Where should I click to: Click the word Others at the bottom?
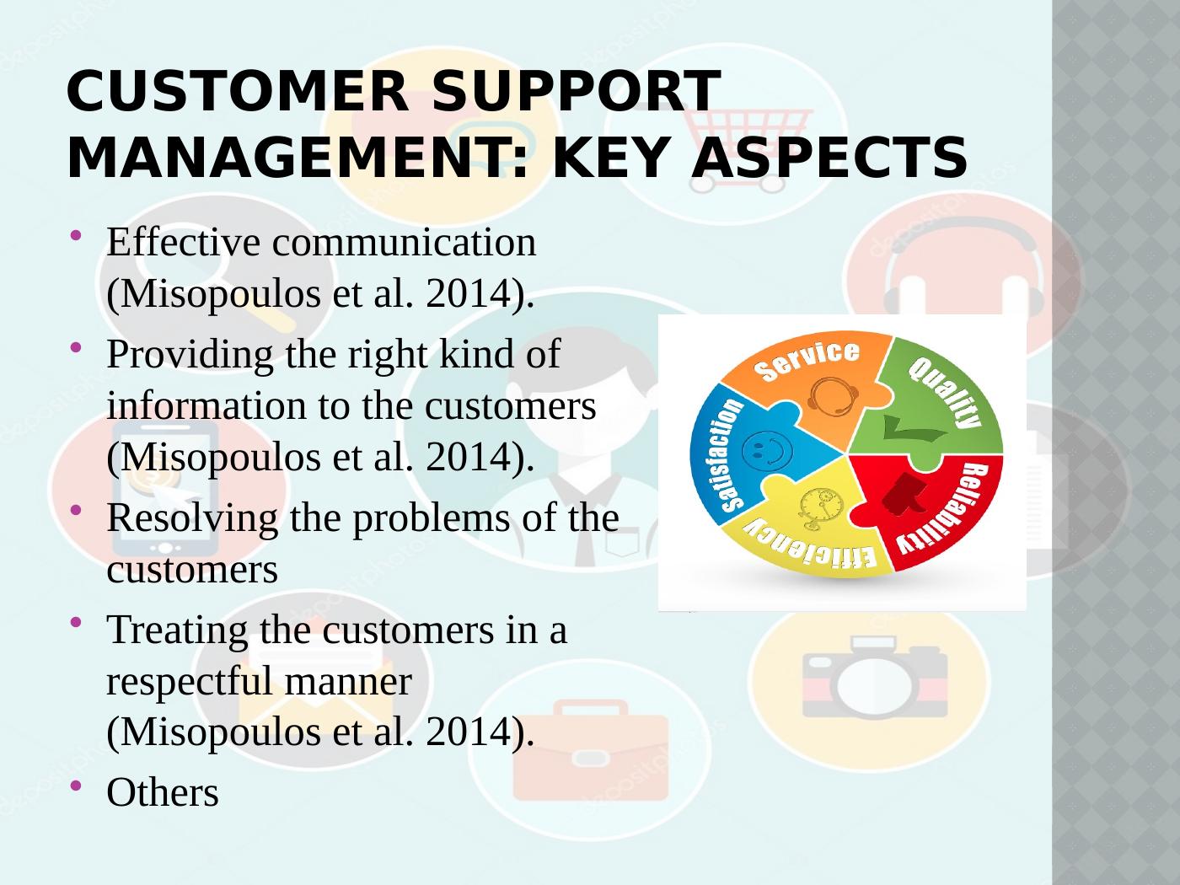[163, 792]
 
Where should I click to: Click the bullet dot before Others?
[77, 786]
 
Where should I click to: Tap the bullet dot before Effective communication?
[77, 236]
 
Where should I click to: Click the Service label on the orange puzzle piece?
[807, 361]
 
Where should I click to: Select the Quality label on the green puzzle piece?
[947, 392]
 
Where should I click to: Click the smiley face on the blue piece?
[770, 450]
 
